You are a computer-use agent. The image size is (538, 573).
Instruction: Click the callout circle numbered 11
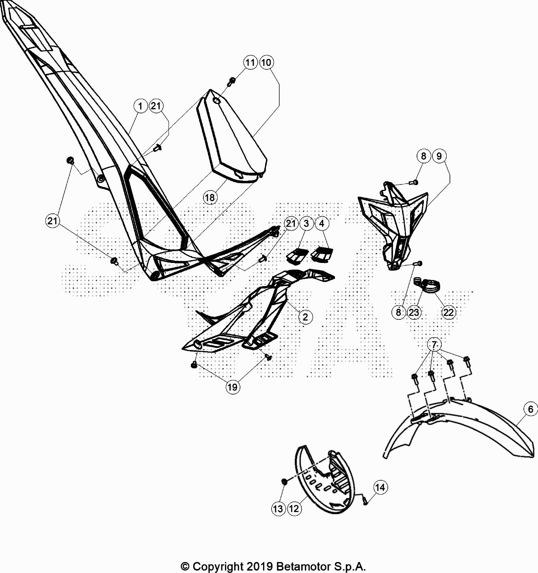click(x=251, y=62)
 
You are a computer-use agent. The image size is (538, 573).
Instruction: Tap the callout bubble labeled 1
click(x=140, y=106)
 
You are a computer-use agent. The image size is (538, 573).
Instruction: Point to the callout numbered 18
click(x=210, y=198)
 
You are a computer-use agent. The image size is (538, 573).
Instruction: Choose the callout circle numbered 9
click(x=439, y=156)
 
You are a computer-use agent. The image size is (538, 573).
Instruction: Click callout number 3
click(x=307, y=224)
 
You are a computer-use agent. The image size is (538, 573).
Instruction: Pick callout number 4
click(x=322, y=224)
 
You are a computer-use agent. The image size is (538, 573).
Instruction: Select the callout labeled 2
click(x=305, y=317)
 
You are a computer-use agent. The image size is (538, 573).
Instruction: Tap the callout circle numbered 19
click(x=232, y=387)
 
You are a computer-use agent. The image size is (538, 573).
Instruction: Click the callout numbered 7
click(x=434, y=345)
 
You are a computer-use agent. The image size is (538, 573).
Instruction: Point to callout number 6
click(x=531, y=409)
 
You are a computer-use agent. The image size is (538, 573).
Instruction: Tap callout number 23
click(x=414, y=312)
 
